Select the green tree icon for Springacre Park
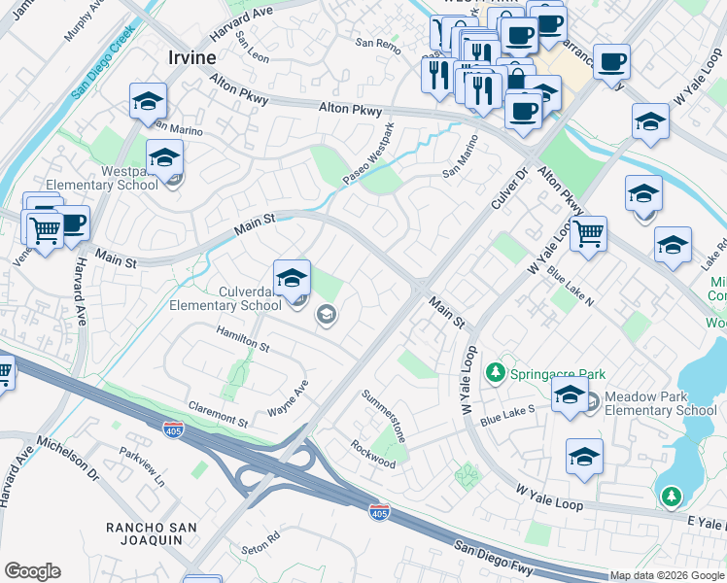pyautogui.click(x=496, y=373)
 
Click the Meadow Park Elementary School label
pyautogui.click(x=660, y=403)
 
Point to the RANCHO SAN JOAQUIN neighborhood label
pyautogui.click(x=153, y=535)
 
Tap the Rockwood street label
pyautogui.click(x=373, y=453)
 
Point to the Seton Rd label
pyautogui.click(x=260, y=535)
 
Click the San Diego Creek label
pyautogui.click(x=101, y=69)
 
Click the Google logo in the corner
pyautogui.click(x=32, y=571)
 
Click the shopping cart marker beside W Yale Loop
pyautogui.click(x=588, y=234)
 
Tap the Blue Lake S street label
pyautogui.click(x=507, y=416)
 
